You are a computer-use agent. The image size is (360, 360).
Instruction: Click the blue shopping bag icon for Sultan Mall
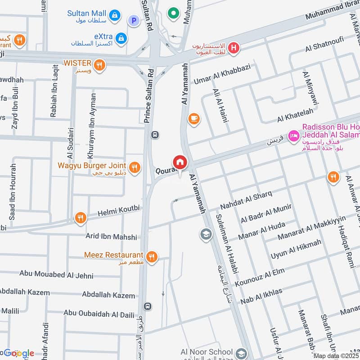pos(116,15)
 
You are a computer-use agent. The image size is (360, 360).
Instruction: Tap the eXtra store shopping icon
pos(121,39)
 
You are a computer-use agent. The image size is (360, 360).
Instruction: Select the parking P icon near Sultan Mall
pos(133,20)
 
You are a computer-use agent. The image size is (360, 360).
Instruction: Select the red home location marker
pos(180,162)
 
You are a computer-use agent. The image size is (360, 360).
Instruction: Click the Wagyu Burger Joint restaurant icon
pos(134,169)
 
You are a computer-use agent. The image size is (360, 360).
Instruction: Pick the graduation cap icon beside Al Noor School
pos(241,352)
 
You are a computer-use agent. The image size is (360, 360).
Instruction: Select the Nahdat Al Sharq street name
pos(246,201)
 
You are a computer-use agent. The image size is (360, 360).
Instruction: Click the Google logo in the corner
pos(18,353)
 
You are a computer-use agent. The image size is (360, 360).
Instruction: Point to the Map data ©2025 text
pos(336,355)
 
